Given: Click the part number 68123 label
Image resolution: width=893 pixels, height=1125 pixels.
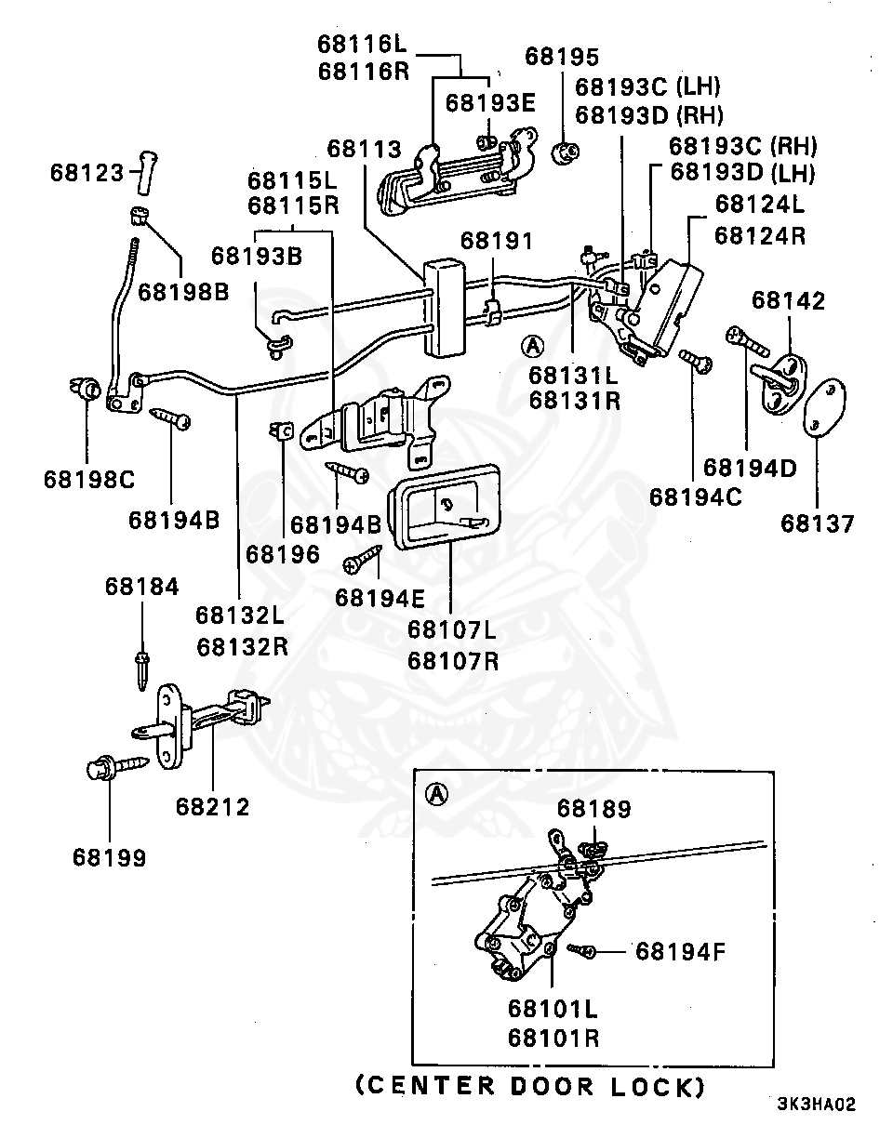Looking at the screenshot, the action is (87, 173).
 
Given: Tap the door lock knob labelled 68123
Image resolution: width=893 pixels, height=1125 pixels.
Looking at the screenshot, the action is (147, 174).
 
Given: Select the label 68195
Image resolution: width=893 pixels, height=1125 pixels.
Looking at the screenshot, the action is (561, 57).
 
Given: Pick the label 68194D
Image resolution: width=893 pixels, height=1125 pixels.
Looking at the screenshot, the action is (749, 468).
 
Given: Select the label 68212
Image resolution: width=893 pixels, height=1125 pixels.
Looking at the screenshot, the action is (212, 807).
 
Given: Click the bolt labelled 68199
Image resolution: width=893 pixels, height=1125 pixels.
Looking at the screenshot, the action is (117, 767).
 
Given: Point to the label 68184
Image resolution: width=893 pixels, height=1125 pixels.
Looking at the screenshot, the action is (141, 587).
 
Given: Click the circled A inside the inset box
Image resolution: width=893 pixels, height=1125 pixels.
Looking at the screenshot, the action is (437, 795).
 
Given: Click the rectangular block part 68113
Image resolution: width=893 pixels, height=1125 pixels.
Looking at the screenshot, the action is (445, 309).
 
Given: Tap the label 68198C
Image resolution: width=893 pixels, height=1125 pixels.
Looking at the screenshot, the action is (89, 480).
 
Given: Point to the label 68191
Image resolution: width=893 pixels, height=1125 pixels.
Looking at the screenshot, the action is (497, 241).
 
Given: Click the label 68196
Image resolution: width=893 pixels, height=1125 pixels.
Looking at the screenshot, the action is (283, 554).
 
